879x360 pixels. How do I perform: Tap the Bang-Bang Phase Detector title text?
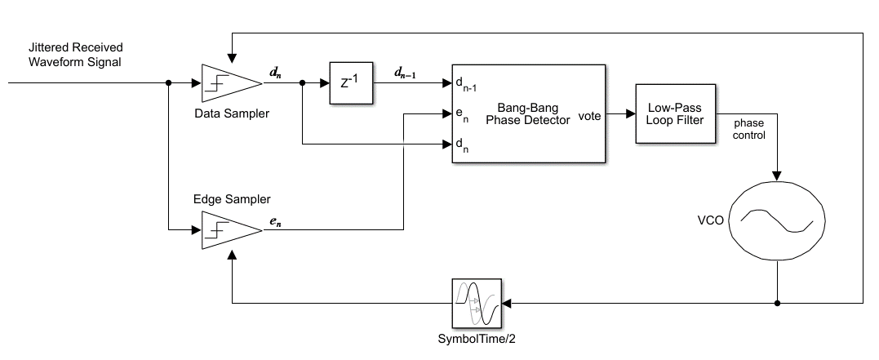point(528,113)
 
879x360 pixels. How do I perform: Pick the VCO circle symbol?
point(776,220)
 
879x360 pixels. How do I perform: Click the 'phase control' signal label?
point(748,129)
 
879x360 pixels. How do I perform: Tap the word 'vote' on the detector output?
point(588,116)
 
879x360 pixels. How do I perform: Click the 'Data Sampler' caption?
point(231,113)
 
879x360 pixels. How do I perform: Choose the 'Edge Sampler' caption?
point(232,199)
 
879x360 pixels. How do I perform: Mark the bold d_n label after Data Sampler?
point(276,73)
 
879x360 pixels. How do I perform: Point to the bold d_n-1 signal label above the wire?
point(405,73)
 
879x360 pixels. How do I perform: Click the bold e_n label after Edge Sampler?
point(276,221)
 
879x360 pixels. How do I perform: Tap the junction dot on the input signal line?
point(168,82)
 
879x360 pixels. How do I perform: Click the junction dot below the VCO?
point(776,303)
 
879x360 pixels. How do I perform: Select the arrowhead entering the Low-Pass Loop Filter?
point(630,114)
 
